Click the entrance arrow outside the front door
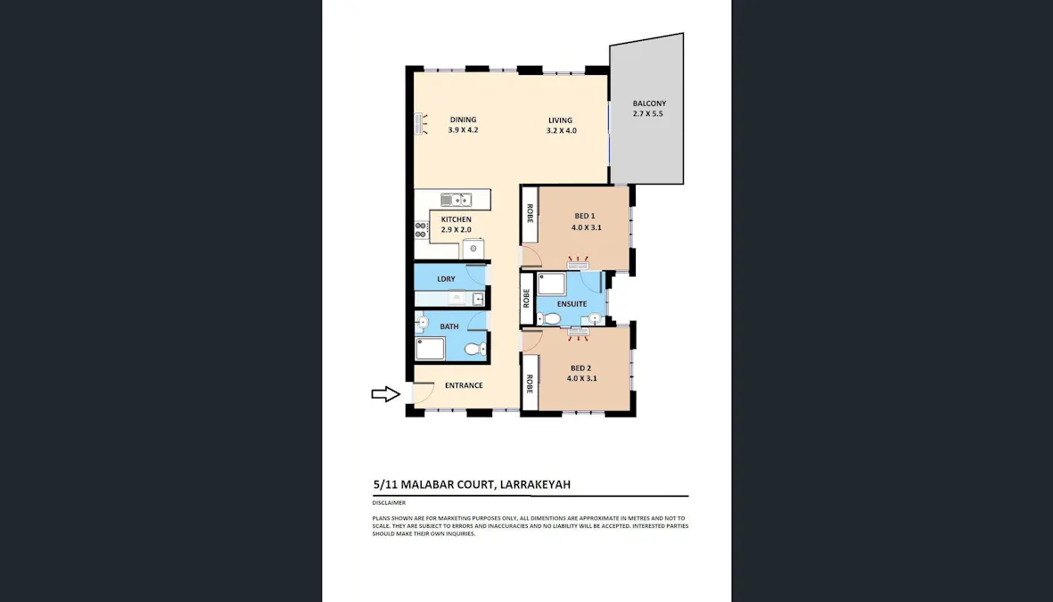click(x=385, y=394)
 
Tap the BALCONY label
click(x=648, y=103)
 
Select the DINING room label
click(x=463, y=120)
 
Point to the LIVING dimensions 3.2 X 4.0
click(x=561, y=131)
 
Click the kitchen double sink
click(x=456, y=200)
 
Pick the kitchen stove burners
click(x=421, y=229)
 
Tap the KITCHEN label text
click(x=456, y=219)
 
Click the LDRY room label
click(x=446, y=279)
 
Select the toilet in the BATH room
click(x=481, y=349)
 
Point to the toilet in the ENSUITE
click(x=551, y=318)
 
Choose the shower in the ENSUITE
click(x=550, y=285)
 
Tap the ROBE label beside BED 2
click(x=530, y=383)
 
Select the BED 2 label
click(x=580, y=368)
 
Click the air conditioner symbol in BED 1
click(x=579, y=265)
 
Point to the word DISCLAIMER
click(x=389, y=503)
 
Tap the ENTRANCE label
click(x=464, y=385)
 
